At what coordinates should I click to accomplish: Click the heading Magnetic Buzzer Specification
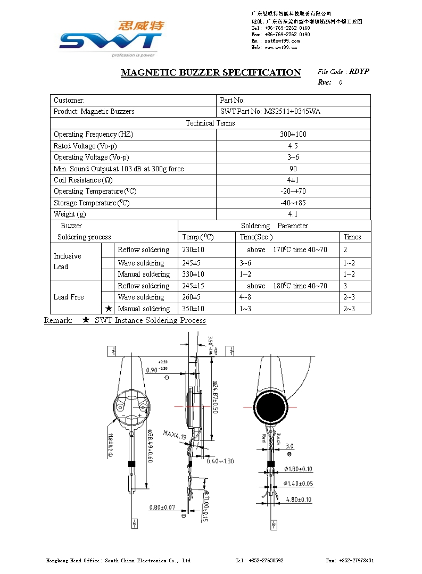point(211,72)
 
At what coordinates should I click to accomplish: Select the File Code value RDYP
point(359,71)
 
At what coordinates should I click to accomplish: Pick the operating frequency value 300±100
point(293,134)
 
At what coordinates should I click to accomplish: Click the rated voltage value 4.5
point(293,146)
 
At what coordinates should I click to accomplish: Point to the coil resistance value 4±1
point(293,180)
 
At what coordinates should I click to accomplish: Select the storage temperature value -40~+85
point(293,203)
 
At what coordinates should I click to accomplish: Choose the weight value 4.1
point(293,214)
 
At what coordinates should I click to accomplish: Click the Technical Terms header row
point(210,123)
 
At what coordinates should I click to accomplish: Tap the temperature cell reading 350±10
point(193,309)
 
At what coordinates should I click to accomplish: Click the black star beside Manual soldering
point(109,309)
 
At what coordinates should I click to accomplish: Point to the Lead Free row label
point(69,297)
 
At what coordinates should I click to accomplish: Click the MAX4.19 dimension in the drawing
point(175,435)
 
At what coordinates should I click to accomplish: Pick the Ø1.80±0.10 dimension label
point(298,469)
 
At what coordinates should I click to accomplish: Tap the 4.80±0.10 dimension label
point(299,500)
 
